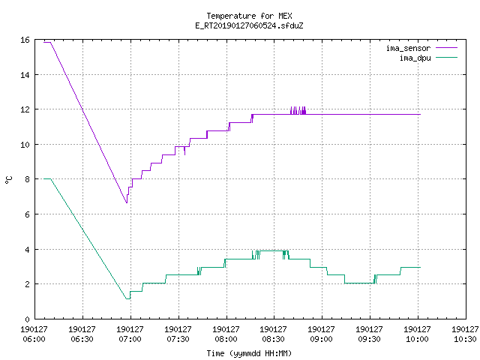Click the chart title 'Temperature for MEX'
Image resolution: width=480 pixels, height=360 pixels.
click(x=249, y=16)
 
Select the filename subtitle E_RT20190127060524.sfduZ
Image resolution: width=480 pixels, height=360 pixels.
click(x=249, y=25)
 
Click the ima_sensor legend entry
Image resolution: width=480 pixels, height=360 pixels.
click(x=421, y=48)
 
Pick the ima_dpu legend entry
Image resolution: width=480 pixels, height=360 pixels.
click(x=428, y=58)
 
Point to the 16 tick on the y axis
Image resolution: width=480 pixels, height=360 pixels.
click(x=25, y=40)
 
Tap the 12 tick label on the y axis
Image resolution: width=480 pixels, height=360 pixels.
click(x=25, y=109)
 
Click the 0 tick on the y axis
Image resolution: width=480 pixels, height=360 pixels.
click(x=27, y=319)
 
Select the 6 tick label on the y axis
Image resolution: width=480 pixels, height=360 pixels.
click(x=27, y=214)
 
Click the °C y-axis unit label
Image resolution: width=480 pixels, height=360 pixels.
click(x=8, y=180)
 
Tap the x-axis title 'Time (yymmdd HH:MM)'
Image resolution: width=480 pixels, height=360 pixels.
click(x=249, y=353)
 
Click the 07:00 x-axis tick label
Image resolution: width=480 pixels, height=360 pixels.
click(x=130, y=334)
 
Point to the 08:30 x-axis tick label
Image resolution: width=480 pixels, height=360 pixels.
click(x=273, y=334)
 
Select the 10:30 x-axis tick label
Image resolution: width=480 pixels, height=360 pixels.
click(x=465, y=334)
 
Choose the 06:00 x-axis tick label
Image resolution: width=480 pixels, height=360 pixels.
click(x=34, y=334)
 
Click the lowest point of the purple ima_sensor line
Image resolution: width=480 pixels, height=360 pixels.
click(x=127, y=202)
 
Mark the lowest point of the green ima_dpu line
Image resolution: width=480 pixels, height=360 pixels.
click(x=128, y=298)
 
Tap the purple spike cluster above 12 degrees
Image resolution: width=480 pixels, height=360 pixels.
click(x=298, y=110)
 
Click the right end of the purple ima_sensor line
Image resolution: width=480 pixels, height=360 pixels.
click(x=420, y=114)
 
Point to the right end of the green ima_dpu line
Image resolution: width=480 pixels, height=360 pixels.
click(x=420, y=267)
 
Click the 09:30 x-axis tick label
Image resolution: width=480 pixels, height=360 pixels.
click(x=369, y=334)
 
